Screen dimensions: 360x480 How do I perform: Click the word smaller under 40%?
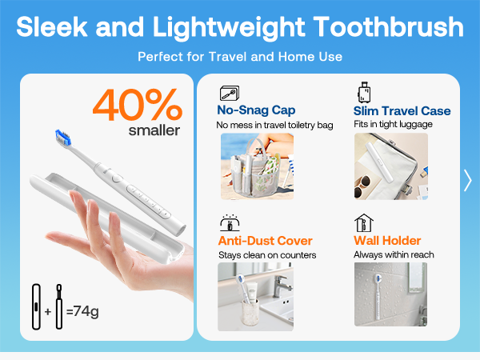coord(154,130)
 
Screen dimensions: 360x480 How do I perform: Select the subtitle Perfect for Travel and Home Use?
coord(240,57)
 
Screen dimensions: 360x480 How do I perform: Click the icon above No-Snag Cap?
coord(229,92)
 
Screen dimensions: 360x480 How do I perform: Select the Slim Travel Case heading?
coord(402,110)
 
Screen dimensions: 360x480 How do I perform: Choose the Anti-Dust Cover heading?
coord(265,241)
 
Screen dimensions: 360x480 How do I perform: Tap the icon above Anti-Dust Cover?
coord(228,222)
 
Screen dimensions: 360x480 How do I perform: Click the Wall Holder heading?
coord(387,241)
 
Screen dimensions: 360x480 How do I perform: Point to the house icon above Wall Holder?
coord(363,222)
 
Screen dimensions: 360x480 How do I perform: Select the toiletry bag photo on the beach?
coord(256,166)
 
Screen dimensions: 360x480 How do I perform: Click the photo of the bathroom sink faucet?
coord(256,297)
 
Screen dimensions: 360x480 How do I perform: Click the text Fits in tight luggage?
coord(392,125)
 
